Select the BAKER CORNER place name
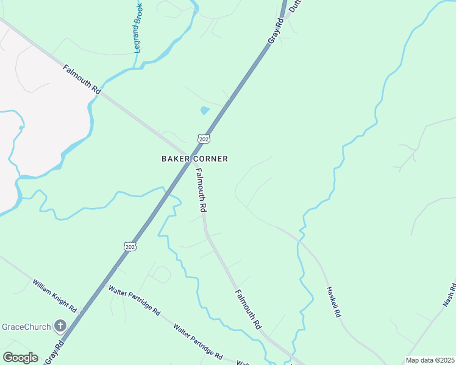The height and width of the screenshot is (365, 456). [x=194, y=159]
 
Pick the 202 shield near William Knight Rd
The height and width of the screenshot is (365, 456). [x=129, y=246]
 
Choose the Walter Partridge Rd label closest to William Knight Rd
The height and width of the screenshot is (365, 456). [x=134, y=301]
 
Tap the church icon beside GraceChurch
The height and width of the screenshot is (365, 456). [x=60, y=327]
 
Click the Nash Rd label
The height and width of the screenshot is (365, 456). [x=449, y=294]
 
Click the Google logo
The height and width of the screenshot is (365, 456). [x=20, y=358]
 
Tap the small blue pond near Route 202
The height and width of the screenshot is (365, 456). [x=205, y=111]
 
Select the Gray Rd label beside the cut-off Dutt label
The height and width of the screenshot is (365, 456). [x=276, y=31]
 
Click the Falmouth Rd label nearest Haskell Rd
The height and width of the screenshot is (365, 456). [x=248, y=308]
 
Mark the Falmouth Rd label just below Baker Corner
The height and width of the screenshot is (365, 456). [x=202, y=190]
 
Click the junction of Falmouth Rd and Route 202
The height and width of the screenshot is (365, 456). [x=190, y=155]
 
